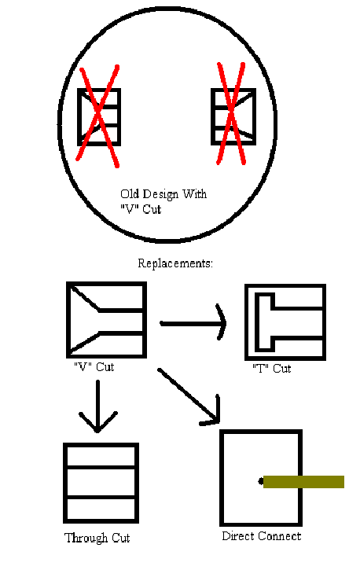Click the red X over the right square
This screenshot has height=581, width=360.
pos(231,113)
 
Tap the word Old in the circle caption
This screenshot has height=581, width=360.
pos(130,193)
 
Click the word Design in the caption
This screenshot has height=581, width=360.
pos(160,194)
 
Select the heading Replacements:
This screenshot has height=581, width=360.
pos(175,263)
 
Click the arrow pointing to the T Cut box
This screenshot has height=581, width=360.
pos(193,323)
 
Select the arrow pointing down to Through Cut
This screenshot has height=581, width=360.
pos(97,406)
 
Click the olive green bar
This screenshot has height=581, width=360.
pos(303,482)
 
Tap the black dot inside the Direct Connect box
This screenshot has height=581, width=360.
pos(261,482)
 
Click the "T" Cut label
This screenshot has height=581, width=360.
pos(271,369)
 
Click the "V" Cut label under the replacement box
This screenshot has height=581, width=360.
pos(94,367)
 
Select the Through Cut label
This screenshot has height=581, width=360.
pos(97,538)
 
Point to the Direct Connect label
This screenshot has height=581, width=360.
pos(262,536)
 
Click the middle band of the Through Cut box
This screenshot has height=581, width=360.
pos(101,483)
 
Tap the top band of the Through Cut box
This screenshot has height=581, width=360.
pos(101,456)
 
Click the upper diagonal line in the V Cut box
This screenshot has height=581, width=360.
pos(85,298)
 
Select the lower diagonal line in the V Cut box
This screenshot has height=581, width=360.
pos(85,342)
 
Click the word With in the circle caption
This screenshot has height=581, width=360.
pos(194,193)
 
